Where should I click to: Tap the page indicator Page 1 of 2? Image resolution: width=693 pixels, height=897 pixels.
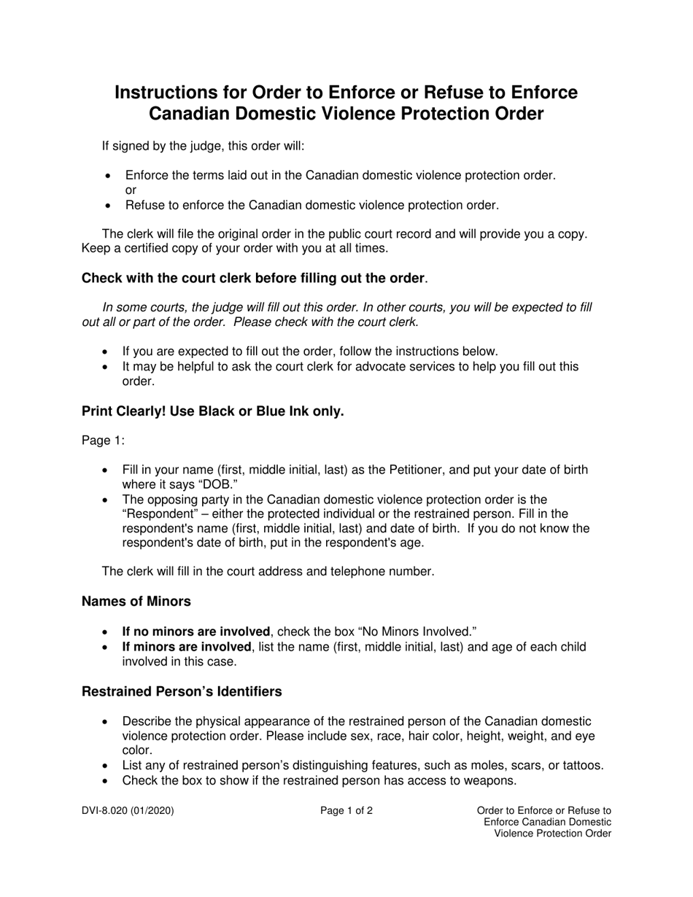(x=346, y=810)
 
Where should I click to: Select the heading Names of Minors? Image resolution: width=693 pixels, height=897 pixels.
(x=136, y=602)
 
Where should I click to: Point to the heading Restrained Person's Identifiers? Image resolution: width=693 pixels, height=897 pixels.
(x=182, y=691)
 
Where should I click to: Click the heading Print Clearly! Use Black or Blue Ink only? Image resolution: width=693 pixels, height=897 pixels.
(x=212, y=411)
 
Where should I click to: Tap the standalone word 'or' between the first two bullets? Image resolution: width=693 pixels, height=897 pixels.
(x=131, y=190)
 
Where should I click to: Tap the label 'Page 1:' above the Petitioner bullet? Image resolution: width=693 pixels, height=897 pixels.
(x=103, y=440)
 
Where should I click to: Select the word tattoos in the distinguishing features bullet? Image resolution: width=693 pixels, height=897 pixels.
(x=581, y=766)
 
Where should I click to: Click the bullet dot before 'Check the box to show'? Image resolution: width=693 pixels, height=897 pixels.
(x=107, y=781)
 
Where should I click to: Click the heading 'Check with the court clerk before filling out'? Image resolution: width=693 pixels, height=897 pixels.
(x=252, y=279)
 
